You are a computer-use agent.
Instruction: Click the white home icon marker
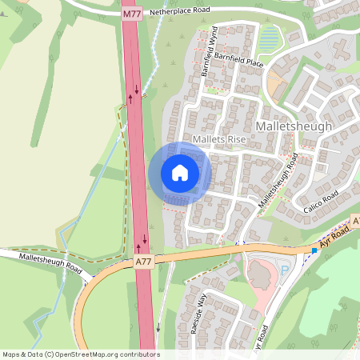pyautogui.click(x=180, y=173)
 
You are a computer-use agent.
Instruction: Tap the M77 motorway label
pyautogui.click(x=132, y=14)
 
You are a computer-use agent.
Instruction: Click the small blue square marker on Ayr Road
pyautogui.click(x=314, y=250)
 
